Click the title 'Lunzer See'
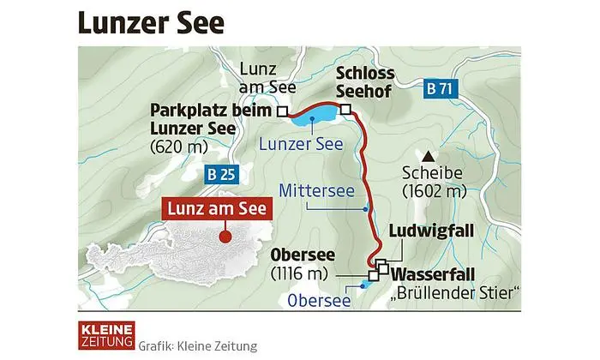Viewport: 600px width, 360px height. [x=151, y=21]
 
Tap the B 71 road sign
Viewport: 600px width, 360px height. [x=441, y=87]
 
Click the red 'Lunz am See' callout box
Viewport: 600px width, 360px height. [x=218, y=208]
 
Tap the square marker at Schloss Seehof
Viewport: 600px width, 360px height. [x=345, y=109]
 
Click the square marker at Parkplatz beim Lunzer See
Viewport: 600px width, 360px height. [x=281, y=111]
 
